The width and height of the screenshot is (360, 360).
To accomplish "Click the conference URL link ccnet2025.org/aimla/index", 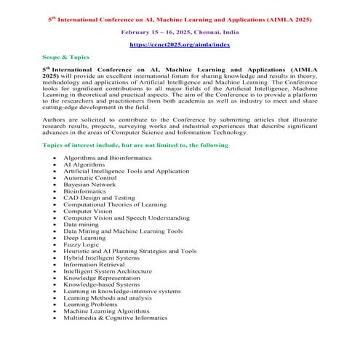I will (x=180, y=44).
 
